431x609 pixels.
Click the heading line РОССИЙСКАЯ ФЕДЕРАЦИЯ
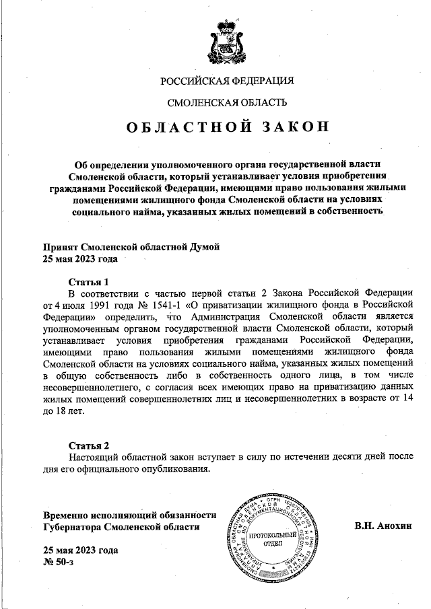228,82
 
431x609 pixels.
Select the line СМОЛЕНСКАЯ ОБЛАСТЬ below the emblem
228,103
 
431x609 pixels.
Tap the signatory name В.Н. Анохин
383,526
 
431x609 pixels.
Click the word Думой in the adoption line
203,247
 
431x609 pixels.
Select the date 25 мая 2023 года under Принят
80,258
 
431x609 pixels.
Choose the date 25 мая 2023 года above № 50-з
80,550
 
